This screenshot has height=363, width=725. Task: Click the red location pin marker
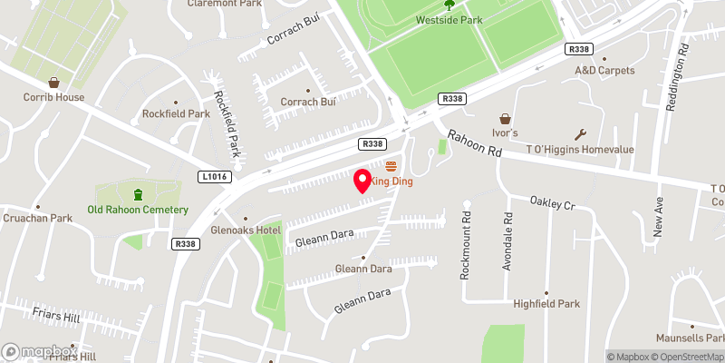point(363,181)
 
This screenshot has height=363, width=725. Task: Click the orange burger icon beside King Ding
point(391,166)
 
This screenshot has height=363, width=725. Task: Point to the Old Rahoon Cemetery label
point(138,210)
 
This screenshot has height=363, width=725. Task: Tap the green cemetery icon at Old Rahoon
point(138,193)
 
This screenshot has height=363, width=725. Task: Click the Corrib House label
point(54,97)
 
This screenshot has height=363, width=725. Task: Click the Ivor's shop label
point(505,133)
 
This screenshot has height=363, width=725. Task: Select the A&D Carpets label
point(604,70)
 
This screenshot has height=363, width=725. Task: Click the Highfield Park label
point(546,304)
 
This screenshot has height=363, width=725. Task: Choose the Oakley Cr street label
point(553,205)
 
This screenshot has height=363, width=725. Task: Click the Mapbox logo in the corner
point(39,351)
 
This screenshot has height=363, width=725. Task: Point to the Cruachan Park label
point(36,218)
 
